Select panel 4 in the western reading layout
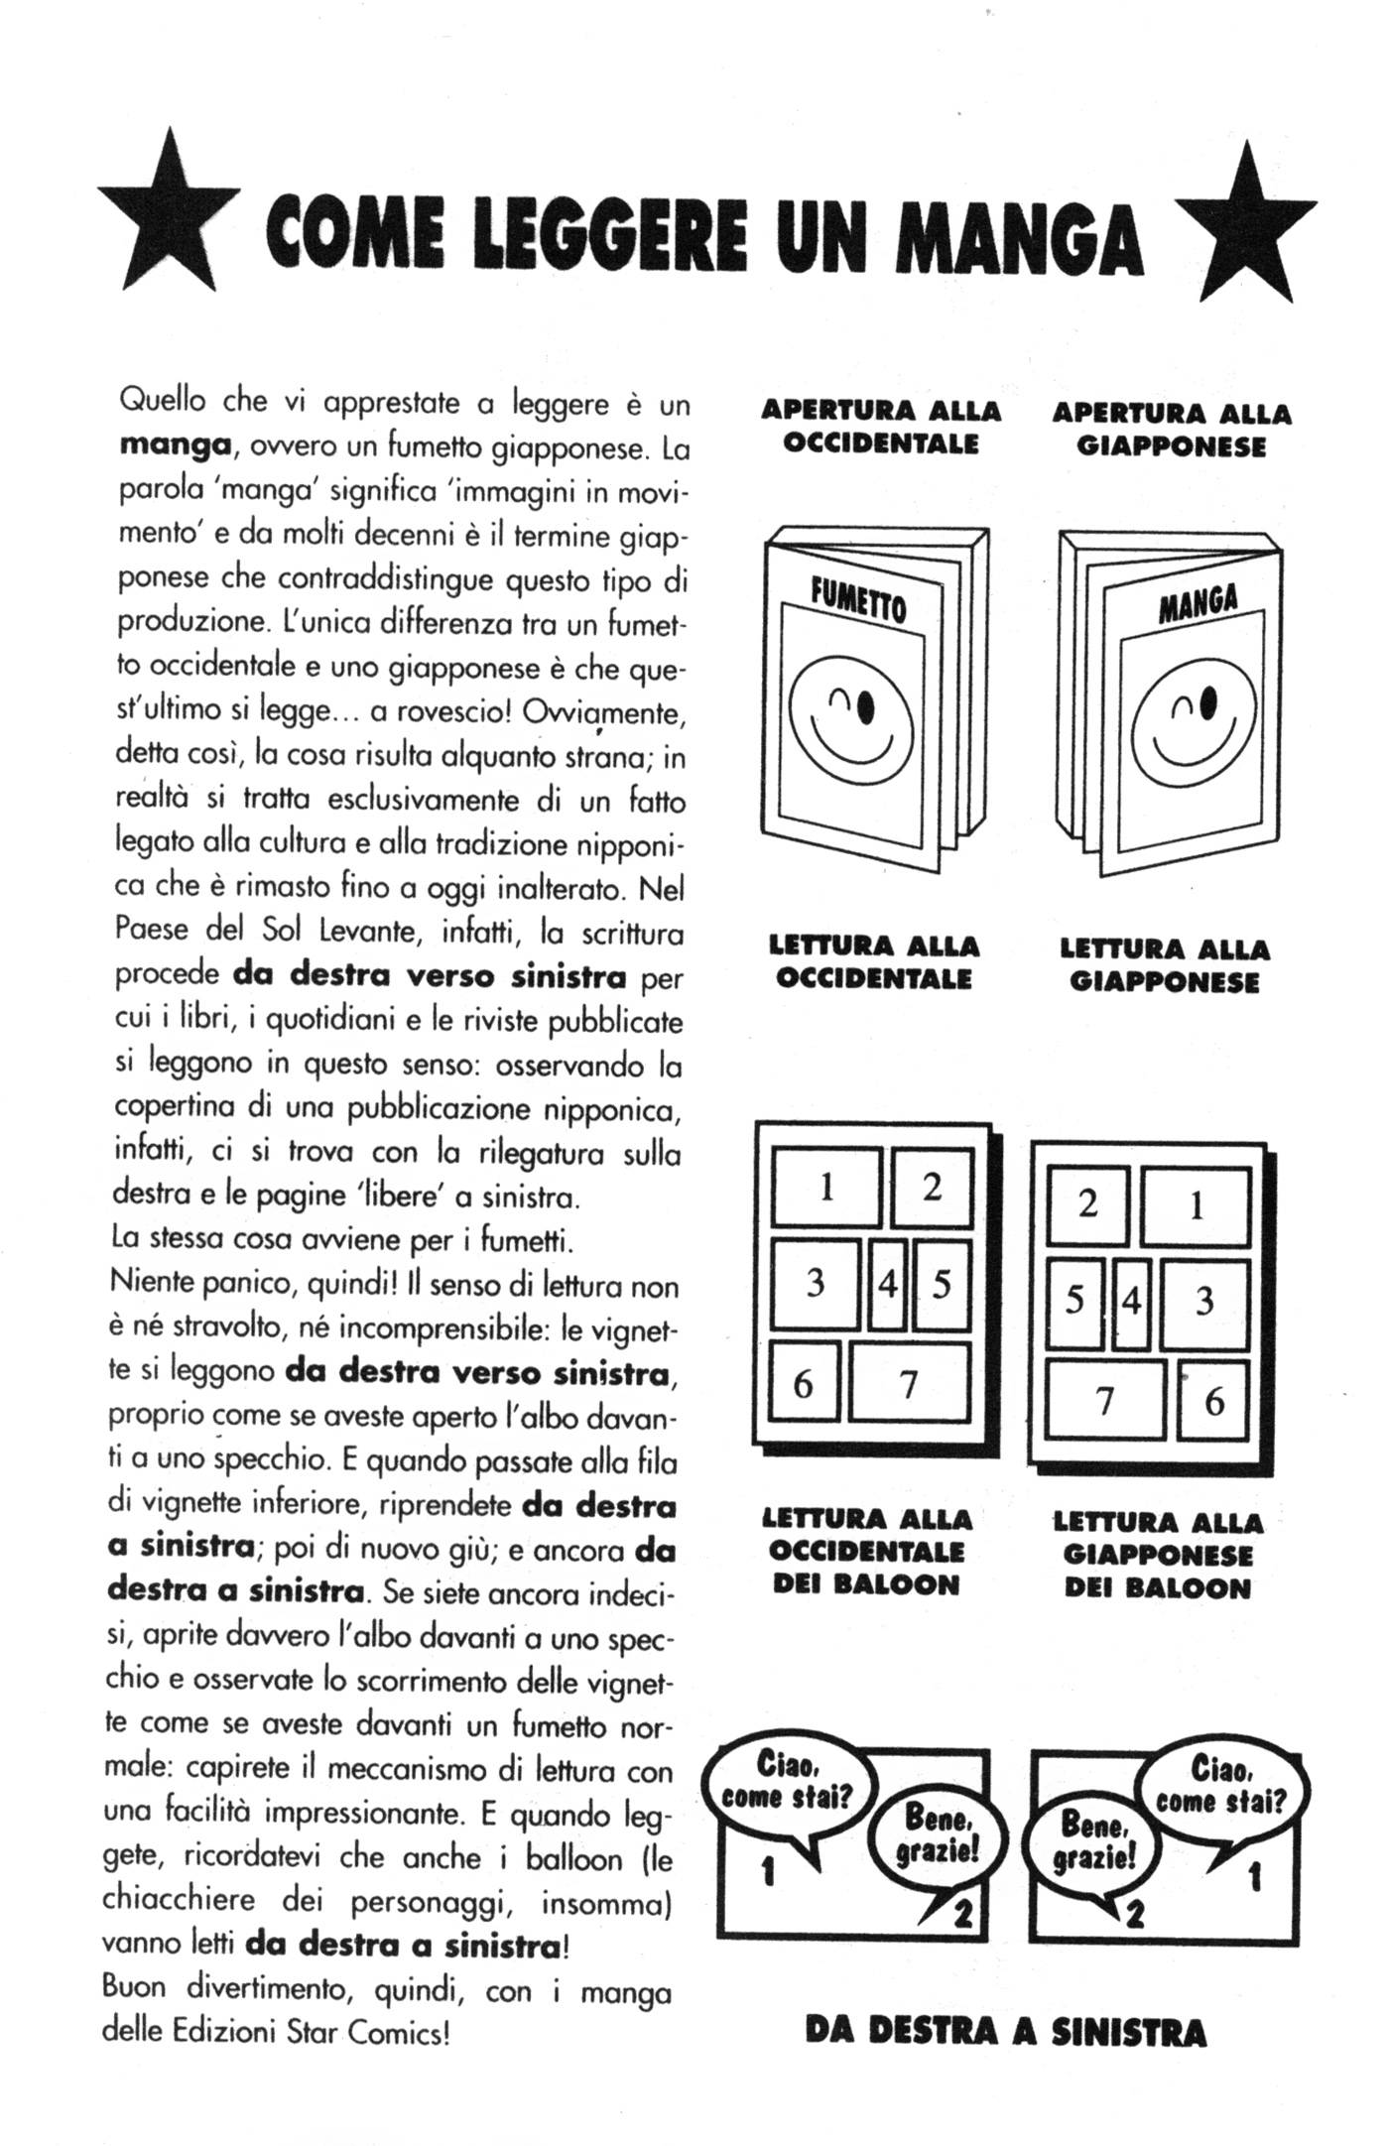(887, 1284)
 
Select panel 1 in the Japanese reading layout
(1195, 1206)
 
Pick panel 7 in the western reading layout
(908, 1382)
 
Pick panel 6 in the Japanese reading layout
(1212, 1402)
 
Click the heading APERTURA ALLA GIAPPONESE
(1171, 430)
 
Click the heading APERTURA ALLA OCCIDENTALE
(881, 427)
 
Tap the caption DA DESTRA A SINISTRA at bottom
(1005, 2031)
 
